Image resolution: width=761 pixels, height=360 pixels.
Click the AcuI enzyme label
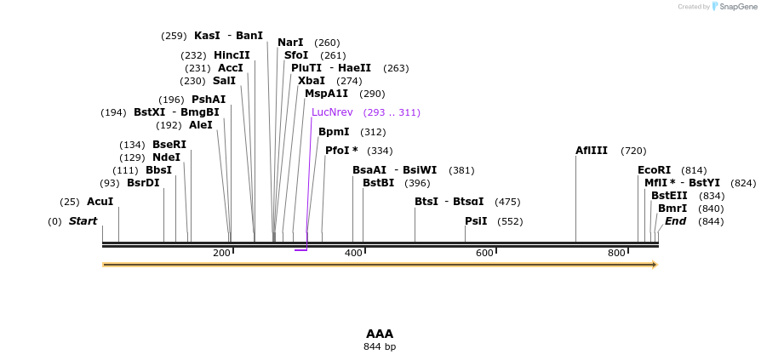click(x=100, y=202)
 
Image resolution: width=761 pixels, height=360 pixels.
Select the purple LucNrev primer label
click(x=332, y=112)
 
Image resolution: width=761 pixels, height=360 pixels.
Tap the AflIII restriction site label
click(x=592, y=151)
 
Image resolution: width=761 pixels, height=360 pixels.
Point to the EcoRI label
click(x=654, y=170)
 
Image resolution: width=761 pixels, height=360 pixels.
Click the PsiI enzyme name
click(x=476, y=221)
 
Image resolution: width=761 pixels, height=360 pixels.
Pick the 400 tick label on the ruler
click(x=352, y=253)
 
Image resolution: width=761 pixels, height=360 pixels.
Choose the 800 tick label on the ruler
click(x=616, y=253)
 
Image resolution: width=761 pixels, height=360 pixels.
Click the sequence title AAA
click(x=380, y=334)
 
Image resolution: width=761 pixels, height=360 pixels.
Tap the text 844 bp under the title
click(x=380, y=346)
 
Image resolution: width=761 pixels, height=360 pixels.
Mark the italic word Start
click(x=83, y=221)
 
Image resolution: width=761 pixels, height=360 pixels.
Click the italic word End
click(x=675, y=221)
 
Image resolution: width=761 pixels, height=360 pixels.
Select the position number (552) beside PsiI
click(x=510, y=221)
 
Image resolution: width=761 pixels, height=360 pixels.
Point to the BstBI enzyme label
click(x=378, y=183)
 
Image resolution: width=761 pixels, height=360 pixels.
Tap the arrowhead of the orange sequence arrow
click(x=655, y=265)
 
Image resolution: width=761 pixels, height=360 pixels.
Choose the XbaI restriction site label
click(x=312, y=81)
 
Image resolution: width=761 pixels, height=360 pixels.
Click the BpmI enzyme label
click(x=334, y=132)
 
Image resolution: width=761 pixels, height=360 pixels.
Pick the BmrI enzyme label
click(x=672, y=209)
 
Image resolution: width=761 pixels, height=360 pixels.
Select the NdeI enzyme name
click(x=166, y=157)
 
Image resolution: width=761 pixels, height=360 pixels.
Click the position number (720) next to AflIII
click(x=633, y=151)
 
